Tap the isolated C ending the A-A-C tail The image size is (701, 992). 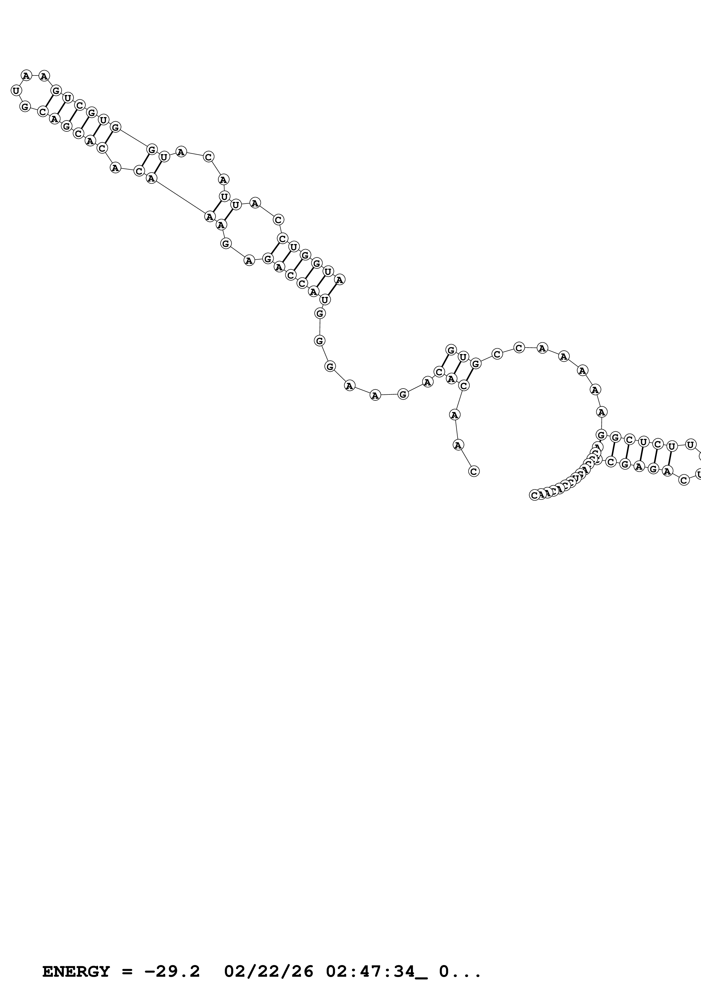point(474,471)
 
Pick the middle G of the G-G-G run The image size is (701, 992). point(319,341)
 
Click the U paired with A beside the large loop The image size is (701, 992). point(463,357)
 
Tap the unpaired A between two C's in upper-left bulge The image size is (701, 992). point(115,168)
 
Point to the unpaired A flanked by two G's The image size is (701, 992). point(249,260)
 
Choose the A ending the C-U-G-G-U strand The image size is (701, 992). point(340,280)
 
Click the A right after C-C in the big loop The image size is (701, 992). point(542,348)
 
